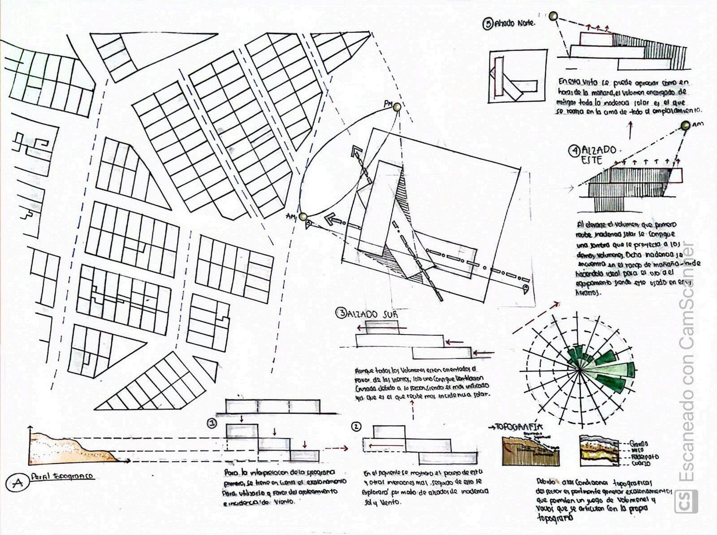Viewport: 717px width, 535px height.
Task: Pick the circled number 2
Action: tap(356, 426)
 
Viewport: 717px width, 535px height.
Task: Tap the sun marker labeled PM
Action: tap(396, 107)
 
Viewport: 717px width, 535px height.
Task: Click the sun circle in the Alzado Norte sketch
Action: tap(554, 16)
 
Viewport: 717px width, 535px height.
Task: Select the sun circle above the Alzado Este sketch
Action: tap(685, 126)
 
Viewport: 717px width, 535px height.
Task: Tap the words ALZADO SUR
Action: tap(373, 314)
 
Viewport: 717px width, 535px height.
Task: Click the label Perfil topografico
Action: tap(63, 476)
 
